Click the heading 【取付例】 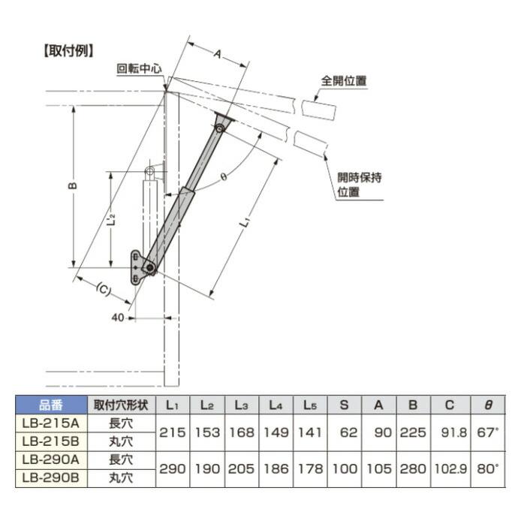pyautogui.click(x=68, y=51)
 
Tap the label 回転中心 pyautogui.click(x=140, y=67)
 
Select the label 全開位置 pyautogui.click(x=345, y=81)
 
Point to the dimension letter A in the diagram pyautogui.click(x=216, y=54)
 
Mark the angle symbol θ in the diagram pyautogui.click(x=224, y=176)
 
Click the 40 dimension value pyautogui.click(x=118, y=318)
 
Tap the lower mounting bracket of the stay pyautogui.click(x=137, y=267)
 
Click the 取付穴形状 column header pyautogui.click(x=121, y=405)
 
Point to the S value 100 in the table pyautogui.click(x=344, y=467)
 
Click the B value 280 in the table pyautogui.click(x=412, y=467)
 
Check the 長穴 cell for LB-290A pyautogui.click(x=121, y=458)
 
